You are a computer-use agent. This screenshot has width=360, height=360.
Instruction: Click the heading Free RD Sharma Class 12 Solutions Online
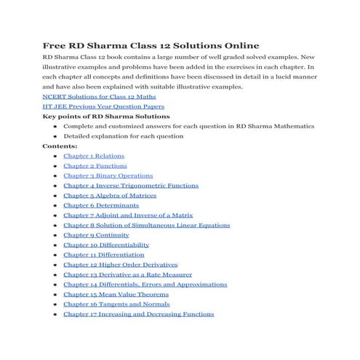click(151, 44)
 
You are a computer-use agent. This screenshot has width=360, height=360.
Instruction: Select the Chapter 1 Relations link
click(94, 156)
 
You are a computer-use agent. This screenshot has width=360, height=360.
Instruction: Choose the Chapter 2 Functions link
click(95, 166)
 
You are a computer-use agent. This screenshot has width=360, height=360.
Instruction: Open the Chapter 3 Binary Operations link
click(108, 175)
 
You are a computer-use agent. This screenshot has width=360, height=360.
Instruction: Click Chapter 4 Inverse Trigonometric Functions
click(131, 185)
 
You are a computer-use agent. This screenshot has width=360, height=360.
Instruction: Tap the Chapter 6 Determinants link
click(100, 205)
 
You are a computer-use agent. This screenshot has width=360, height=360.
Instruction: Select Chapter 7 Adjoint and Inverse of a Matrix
click(128, 215)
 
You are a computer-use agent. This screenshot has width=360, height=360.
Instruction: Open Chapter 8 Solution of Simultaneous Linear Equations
click(147, 225)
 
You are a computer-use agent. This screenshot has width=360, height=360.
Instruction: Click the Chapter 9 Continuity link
click(96, 235)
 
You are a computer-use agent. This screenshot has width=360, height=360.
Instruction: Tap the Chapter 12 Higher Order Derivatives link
click(120, 265)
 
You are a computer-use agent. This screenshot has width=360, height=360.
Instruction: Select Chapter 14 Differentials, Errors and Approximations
click(145, 284)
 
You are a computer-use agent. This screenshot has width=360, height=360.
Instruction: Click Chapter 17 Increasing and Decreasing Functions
click(139, 314)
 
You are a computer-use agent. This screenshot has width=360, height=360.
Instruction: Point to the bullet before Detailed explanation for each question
click(55, 136)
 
